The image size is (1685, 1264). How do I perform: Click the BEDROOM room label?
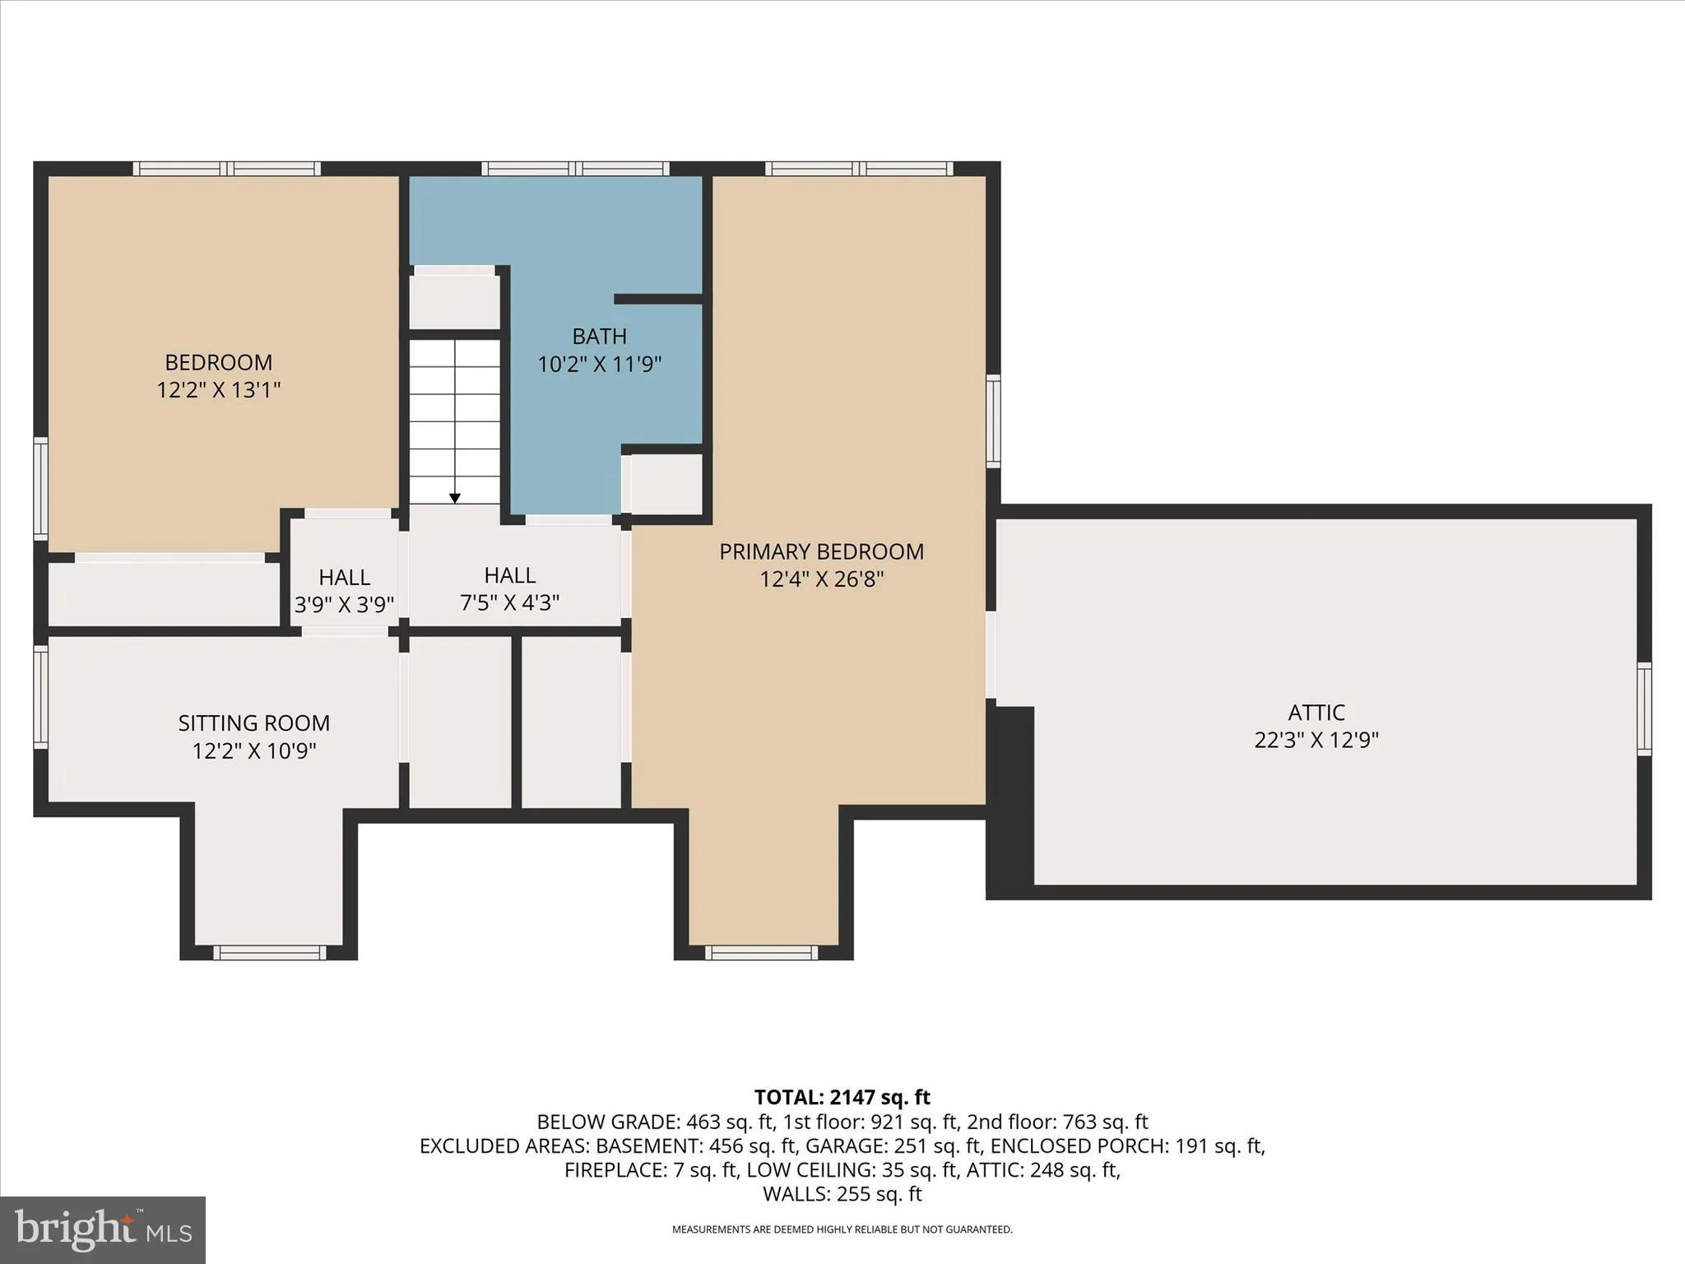tap(218, 362)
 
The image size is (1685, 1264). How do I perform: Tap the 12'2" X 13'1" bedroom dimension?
tap(218, 390)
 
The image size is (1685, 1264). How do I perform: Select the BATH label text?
tap(599, 336)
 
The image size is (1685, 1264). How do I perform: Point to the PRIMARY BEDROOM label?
tap(821, 551)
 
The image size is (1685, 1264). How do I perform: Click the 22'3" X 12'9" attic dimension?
tap(1316, 740)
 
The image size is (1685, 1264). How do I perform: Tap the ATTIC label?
tap(1316, 712)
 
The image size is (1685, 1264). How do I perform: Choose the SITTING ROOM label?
tap(253, 723)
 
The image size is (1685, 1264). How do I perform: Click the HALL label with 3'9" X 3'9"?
tap(344, 577)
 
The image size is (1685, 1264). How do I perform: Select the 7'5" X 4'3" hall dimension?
tap(509, 603)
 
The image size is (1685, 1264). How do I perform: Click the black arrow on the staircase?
tap(454, 497)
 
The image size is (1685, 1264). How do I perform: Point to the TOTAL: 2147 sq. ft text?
tap(842, 1097)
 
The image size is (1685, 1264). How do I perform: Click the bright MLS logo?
tap(102, 1229)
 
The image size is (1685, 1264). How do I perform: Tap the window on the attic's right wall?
tap(1643, 709)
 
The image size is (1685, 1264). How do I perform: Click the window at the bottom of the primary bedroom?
tap(761, 952)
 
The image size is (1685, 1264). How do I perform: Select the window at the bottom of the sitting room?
tap(270, 952)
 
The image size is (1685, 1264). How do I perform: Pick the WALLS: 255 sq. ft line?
tap(842, 1194)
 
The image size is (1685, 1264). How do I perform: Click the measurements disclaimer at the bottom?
tap(842, 1229)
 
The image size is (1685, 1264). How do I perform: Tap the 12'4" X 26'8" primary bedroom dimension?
tap(821, 579)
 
